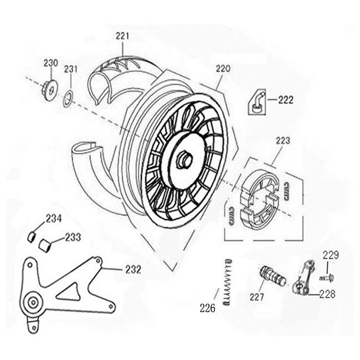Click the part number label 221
pyautogui.click(x=122, y=36)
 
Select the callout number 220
pyautogui.click(x=223, y=70)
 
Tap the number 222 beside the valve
pyautogui.click(x=285, y=100)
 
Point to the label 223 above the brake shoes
pyautogui.click(x=282, y=141)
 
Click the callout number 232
pyautogui.click(x=133, y=270)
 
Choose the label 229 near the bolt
pyautogui.click(x=331, y=255)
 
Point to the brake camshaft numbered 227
pyautogui.click(x=272, y=275)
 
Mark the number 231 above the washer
pyautogui.click(x=71, y=69)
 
